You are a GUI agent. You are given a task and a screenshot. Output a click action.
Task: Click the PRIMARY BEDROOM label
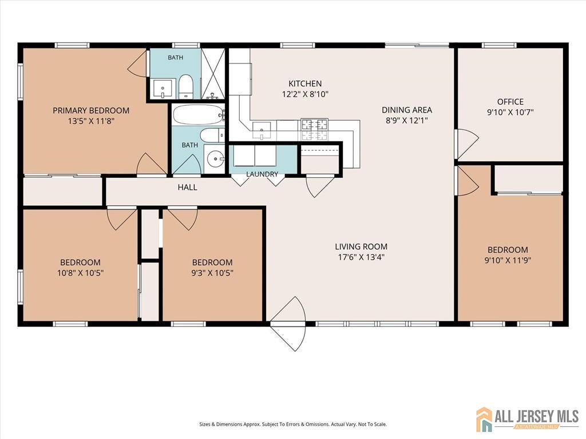[x=91, y=110]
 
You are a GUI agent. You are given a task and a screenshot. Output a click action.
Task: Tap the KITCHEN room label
[x=305, y=83]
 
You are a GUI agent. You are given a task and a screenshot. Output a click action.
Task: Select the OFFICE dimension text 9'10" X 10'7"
[x=510, y=112]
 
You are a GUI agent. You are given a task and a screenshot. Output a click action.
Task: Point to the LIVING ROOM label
[x=361, y=246]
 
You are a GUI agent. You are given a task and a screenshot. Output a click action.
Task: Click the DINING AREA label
[x=407, y=110]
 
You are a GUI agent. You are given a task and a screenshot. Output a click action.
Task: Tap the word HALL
[x=187, y=187]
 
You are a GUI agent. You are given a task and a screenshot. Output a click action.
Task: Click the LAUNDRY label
[x=262, y=174]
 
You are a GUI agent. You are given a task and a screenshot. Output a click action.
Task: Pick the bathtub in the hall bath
[x=199, y=114]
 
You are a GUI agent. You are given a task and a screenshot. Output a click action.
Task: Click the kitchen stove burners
[x=314, y=129]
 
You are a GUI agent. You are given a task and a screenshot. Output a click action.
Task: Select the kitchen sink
[x=262, y=130]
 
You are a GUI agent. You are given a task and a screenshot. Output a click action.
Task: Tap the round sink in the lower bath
[x=216, y=160]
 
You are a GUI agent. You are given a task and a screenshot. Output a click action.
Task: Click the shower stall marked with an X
[x=213, y=74]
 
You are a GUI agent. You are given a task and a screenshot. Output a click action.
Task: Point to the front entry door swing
[x=288, y=324]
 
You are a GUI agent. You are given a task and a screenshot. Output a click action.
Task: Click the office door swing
[x=467, y=143]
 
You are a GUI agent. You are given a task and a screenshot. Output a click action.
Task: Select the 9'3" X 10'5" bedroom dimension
[x=212, y=273]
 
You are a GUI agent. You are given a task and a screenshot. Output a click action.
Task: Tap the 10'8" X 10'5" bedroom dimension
[x=80, y=273]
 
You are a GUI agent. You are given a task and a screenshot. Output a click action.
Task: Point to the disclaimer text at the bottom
[x=293, y=424]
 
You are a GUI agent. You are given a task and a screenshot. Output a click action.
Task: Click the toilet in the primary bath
[x=185, y=86]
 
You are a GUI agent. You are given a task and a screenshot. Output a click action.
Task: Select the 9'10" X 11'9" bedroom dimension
[x=508, y=260]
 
